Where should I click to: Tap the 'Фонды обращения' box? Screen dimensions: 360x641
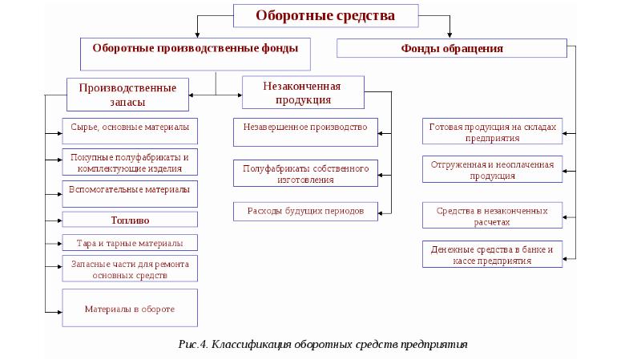click(451, 49)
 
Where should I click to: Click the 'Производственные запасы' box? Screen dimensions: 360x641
click(128, 93)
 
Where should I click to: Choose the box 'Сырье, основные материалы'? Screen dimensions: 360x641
click(129, 128)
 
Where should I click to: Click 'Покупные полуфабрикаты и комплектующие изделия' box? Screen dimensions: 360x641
click(129, 162)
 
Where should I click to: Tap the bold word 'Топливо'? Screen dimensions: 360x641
click(129, 219)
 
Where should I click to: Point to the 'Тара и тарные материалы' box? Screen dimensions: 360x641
click(129, 242)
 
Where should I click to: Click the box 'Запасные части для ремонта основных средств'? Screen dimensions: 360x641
click(129, 269)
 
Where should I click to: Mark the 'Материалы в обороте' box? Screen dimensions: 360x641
click(129, 308)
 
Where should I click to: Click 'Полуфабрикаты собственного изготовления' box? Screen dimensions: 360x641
click(304, 174)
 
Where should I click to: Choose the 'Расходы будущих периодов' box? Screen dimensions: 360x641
click(304, 210)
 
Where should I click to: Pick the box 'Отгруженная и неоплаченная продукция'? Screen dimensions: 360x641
click(492, 170)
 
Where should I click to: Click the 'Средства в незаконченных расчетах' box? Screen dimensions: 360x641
click(492, 215)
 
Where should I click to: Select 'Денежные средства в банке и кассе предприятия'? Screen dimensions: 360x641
click(492, 254)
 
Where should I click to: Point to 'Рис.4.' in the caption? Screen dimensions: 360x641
click(193, 344)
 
